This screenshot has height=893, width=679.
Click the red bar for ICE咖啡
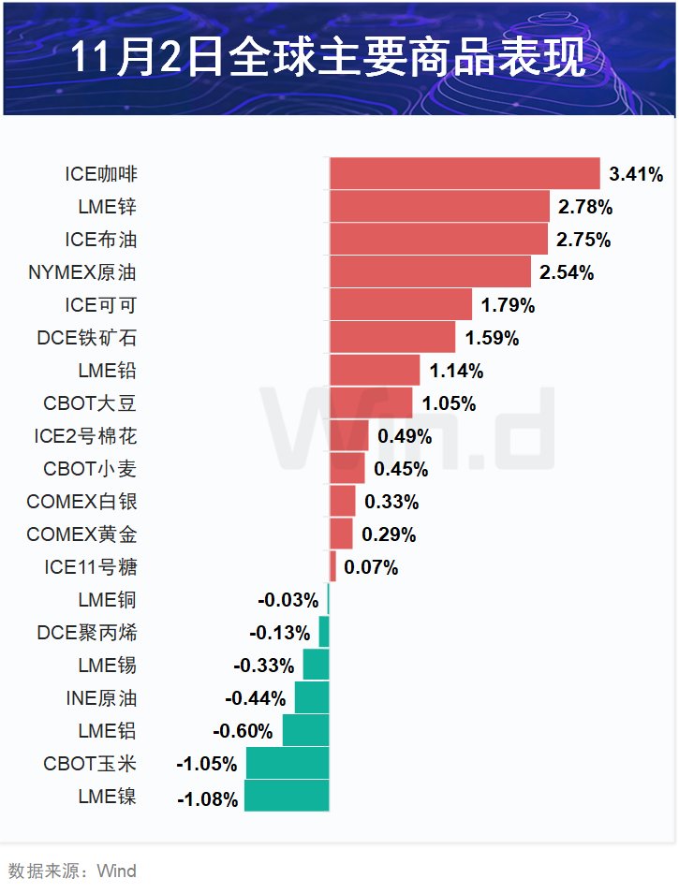click(465, 173)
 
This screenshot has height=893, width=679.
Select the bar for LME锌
click(439, 206)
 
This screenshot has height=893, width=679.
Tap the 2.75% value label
click(583, 240)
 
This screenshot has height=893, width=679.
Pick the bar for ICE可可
click(401, 305)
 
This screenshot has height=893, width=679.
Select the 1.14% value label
click(456, 371)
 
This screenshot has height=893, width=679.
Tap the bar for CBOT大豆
click(371, 403)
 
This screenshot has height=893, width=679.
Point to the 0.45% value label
click(401, 469)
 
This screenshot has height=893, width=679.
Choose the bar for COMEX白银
click(343, 502)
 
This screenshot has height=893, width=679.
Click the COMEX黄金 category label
click(82, 534)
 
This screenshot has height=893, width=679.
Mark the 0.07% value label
click(371, 567)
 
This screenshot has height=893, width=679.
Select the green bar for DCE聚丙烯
click(324, 633)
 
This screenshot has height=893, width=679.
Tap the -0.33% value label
click(264, 666)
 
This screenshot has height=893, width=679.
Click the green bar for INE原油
click(312, 698)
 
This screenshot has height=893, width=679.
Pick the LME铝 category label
click(108, 731)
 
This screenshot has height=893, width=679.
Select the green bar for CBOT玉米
click(288, 764)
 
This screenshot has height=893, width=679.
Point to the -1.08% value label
click(207, 798)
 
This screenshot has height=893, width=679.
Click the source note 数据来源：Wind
click(72, 871)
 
